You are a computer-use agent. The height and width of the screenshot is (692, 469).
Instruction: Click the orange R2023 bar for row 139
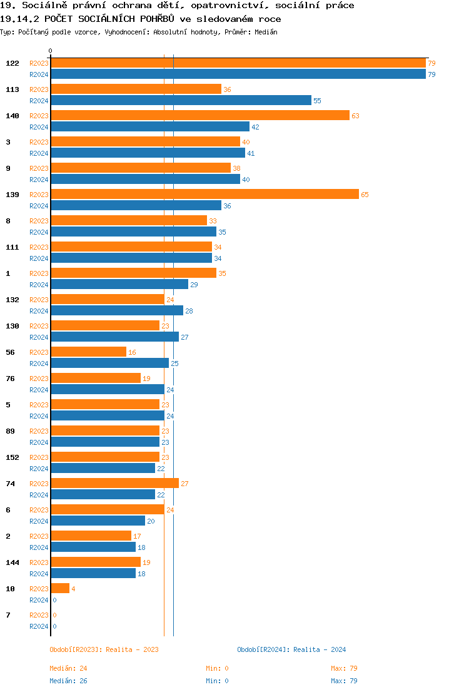204,195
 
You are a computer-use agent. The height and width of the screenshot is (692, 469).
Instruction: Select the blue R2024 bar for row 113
181,101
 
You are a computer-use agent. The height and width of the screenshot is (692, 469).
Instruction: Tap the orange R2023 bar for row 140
200,116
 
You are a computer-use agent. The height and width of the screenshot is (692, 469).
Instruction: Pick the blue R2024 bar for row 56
109,364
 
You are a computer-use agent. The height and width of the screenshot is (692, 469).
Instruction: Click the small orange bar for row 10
60,589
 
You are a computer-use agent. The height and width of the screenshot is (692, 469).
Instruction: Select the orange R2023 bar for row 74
114,484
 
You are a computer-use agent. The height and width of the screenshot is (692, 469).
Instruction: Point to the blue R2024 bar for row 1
119,285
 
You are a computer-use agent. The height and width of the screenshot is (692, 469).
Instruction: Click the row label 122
13,63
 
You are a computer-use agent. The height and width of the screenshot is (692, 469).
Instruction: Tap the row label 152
13,457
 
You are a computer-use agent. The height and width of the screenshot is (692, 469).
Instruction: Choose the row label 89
10,431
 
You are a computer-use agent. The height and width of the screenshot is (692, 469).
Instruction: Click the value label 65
365,195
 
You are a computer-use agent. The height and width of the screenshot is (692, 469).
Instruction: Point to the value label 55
317,101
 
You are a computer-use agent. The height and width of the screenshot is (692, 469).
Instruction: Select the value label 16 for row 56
132,353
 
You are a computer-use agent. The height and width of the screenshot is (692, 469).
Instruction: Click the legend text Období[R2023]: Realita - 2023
104,649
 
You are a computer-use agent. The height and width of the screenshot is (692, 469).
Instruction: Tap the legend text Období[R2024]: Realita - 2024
291,649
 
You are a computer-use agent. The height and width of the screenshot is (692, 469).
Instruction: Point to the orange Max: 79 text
344,668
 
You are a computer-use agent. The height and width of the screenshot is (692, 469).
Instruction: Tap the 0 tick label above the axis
51,51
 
